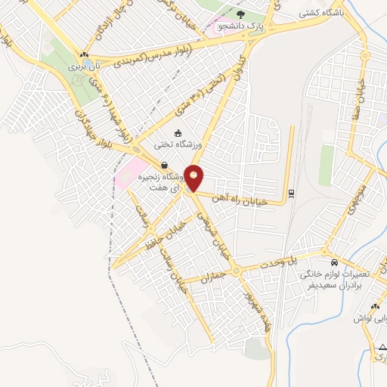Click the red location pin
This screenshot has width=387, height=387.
(x=194, y=178)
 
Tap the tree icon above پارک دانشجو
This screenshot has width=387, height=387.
(x=241, y=14)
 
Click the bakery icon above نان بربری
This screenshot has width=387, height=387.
(x=84, y=54)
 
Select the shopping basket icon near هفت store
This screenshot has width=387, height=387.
(x=163, y=166)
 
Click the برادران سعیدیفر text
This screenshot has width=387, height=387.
(x=333, y=286)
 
